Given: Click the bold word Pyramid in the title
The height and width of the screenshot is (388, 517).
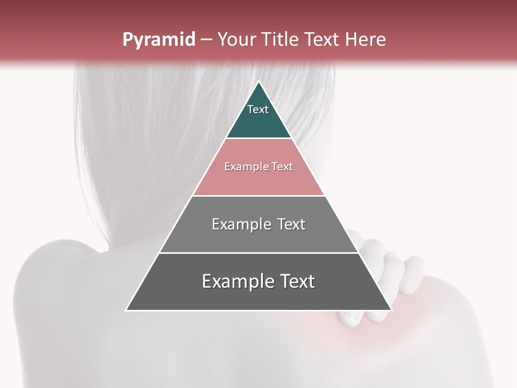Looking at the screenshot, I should click(x=159, y=40).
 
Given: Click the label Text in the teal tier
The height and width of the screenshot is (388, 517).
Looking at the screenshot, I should click(x=258, y=109).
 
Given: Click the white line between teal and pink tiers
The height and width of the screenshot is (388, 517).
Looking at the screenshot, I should click(x=258, y=138).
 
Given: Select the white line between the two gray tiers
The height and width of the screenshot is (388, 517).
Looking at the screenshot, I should click(x=258, y=253).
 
